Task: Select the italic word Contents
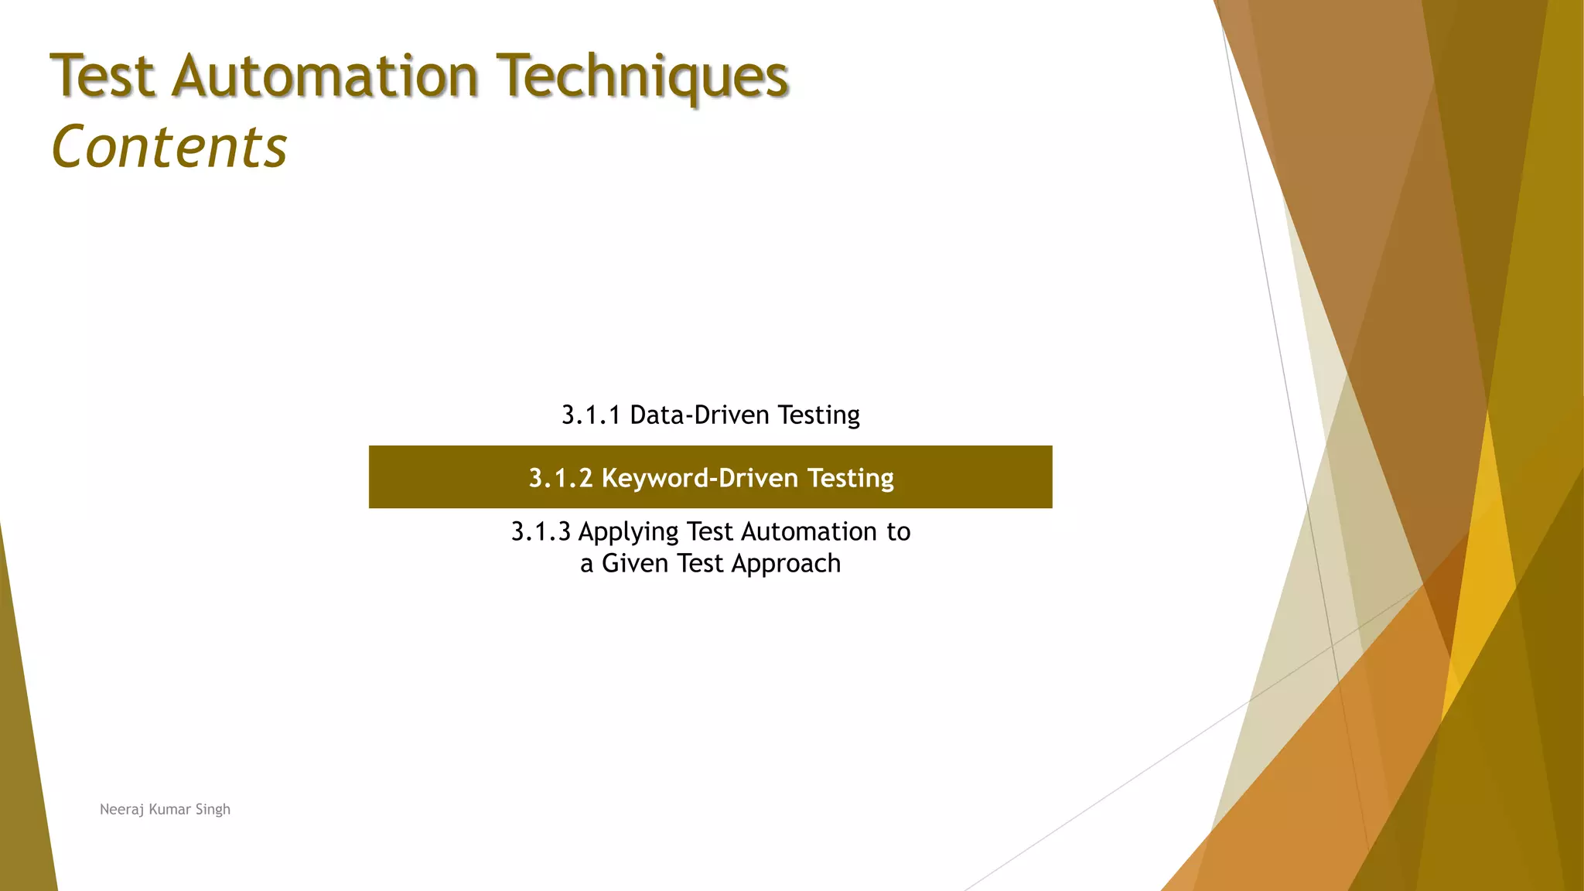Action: click(169, 147)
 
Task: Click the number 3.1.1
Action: click(591, 415)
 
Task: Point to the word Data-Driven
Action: click(700, 415)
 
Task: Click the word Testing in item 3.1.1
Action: click(818, 415)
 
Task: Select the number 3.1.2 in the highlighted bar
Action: click(560, 478)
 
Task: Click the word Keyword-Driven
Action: click(700, 478)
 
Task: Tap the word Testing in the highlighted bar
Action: click(851, 478)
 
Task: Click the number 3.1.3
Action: click(541, 532)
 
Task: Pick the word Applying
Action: click(628, 532)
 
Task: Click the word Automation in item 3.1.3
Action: click(809, 532)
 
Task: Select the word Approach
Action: click(786, 564)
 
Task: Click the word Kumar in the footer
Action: click(169, 810)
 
